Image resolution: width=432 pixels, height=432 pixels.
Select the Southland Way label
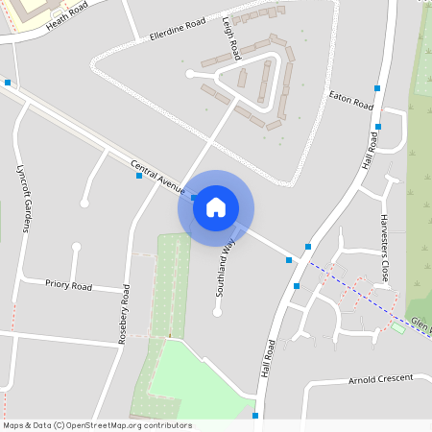tap(227, 266)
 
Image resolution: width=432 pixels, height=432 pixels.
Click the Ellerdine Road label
tap(178, 29)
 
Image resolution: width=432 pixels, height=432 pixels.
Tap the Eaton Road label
tap(350, 99)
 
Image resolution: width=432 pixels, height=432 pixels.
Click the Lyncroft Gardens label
tap(26, 196)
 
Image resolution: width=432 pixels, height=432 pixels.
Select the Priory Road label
tap(68, 285)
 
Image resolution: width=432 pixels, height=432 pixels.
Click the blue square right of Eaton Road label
tap(378, 88)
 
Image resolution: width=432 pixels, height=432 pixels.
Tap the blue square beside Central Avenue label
tap(139, 176)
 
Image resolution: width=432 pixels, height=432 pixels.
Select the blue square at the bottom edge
tap(255, 415)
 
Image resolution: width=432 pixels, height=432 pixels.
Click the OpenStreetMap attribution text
tap(97, 425)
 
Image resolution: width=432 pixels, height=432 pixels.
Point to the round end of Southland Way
tap(216, 311)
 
